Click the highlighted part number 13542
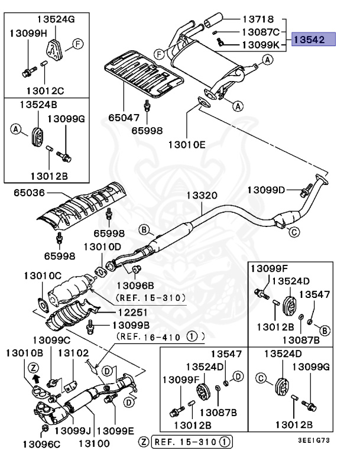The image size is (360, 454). pyautogui.click(x=314, y=40)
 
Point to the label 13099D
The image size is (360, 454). pyautogui.click(x=266, y=190)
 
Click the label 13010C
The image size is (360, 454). pyautogui.click(x=43, y=276)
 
